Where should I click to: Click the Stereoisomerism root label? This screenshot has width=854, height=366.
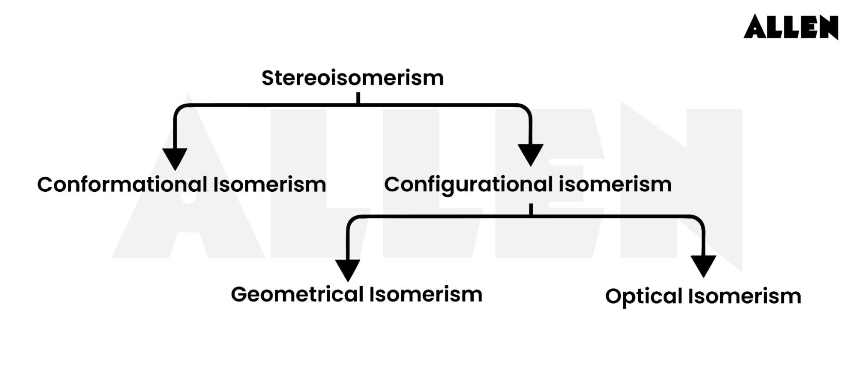[352, 78]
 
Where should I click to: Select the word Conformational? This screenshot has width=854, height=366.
[122, 184]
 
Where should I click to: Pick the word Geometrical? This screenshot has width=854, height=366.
[297, 295]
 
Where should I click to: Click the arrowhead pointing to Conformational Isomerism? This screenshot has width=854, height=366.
[175, 158]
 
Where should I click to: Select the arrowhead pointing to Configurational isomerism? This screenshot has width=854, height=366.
[530, 154]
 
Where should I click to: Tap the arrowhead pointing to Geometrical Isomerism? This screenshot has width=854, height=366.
[347, 269]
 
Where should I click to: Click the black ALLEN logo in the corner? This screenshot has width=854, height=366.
[791, 27]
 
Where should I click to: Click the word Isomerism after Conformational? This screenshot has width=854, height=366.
[270, 184]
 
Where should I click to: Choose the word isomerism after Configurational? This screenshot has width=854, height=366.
[615, 184]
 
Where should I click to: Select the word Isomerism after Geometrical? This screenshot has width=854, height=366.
[426, 295]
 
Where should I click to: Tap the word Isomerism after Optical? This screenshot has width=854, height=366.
[745, 296]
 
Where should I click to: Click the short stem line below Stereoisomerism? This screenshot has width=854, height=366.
[358, 99]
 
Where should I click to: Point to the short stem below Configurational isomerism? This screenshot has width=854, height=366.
[531, 209]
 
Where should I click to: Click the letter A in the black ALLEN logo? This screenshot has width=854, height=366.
[755, 27]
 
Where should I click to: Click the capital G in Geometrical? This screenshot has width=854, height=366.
[240, 295]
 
